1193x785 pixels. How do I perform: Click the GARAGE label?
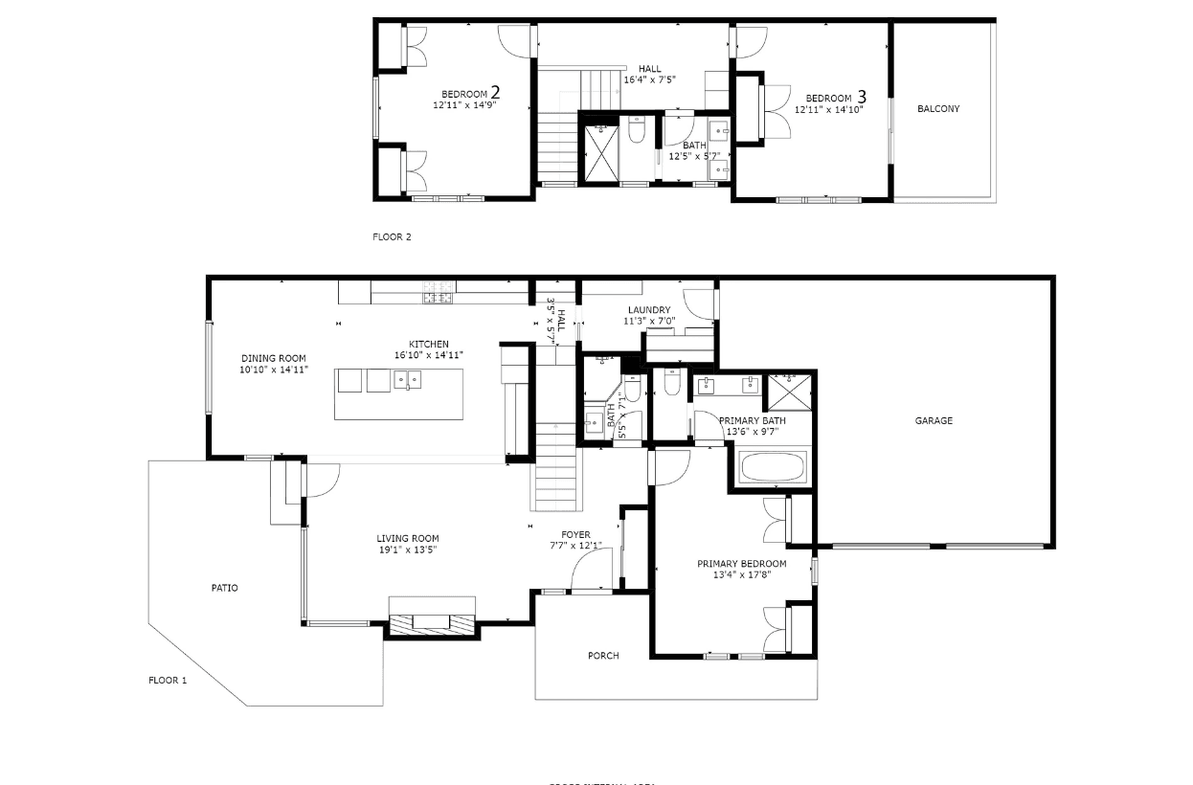pyautogui.click(x=933, y=420)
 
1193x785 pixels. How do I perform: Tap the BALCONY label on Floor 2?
pyautogui.click(x=937, y=109)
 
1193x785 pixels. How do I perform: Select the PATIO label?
pyautogui.click(x=225, y=588)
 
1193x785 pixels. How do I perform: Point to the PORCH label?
pyautogui.click(x=603, y=656)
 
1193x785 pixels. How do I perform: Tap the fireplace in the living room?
pyautogui.click(x=431, y=621)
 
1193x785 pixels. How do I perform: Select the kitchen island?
pyautogui.click(x=398, y=393)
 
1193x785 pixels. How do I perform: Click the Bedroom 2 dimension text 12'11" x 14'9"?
pyautogui.click(x=463, y=105)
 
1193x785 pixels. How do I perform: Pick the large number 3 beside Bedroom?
pyautogui.click(x=862, y=97)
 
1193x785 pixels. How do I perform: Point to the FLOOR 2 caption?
pyautogui.click(x=392, y=236)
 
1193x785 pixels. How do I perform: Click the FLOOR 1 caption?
pyautogui.click(x=168, y=681)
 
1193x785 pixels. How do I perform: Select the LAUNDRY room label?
pyautogui.click(x=648, y=310)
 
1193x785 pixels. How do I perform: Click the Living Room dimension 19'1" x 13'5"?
pyautogui.click(x=408, y=549)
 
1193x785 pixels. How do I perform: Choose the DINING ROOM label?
pyautogui.click(x=274, y=358)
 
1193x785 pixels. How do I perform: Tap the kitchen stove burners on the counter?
pyautogui.click(x=439, y=292)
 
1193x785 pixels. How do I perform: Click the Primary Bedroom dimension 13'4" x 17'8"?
pyautogui.click(x=741, y=575)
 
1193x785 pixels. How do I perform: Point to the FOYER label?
pyautogui.click(x=575, y=535)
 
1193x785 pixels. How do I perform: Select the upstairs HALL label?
pyautogui.click(x=649, y=69)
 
